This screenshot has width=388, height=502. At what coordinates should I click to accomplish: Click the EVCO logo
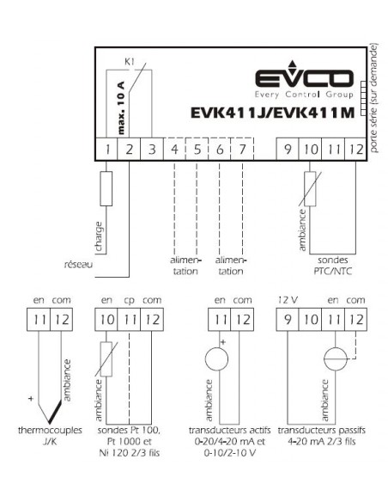pyautogui.click(x=304, y=79)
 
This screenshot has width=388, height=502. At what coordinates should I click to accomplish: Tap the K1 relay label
pyautogui.click(x=129, y=62)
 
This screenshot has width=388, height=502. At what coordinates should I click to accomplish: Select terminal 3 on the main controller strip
pyautogui.click(x=152, y=150)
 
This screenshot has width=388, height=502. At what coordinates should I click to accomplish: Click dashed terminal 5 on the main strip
pyautogui.click(x=197, y=150)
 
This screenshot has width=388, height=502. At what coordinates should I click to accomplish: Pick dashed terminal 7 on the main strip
pyautogui.click(x=242, y=150)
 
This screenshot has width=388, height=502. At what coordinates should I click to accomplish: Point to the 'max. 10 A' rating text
pyautogui.click(x=121, y=107)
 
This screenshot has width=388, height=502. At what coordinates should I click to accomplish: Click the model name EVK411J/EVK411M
pyautogui.click(x=273, y=113)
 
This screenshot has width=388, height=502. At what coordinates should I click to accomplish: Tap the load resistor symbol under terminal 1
pyautogui.click(x=106, y=188)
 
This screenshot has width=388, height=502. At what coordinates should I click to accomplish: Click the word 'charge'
pyautogui.click(x=99, y=236)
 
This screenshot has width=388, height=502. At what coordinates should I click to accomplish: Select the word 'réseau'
pyautogui.click(x=78, y=265)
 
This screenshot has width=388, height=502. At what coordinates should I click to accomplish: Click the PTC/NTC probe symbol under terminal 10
pyautogui.click(x=310, y=189)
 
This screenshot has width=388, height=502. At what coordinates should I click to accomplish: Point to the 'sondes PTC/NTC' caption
pyautogui.click(x=333, y=266)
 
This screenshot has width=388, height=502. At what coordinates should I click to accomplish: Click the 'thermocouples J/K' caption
pyautogui.click(x=50, y=436)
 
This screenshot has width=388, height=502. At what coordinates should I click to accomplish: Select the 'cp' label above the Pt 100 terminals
pyautogui.click(x=130, y=301)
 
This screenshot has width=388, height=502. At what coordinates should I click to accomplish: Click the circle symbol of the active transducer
pyautogui.click(x=216, y=359)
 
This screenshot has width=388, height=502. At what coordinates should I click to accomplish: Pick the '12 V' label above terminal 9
pyautogui.click(x=288, y=300)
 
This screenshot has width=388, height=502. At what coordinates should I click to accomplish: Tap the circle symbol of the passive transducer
pyautogui.click(x=336, y=359)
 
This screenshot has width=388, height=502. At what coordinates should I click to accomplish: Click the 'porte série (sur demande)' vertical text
pyautogui.click(x=374, y=98)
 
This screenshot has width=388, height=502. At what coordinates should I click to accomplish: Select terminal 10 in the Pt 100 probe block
pyautogui.click(x=106, y=320)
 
